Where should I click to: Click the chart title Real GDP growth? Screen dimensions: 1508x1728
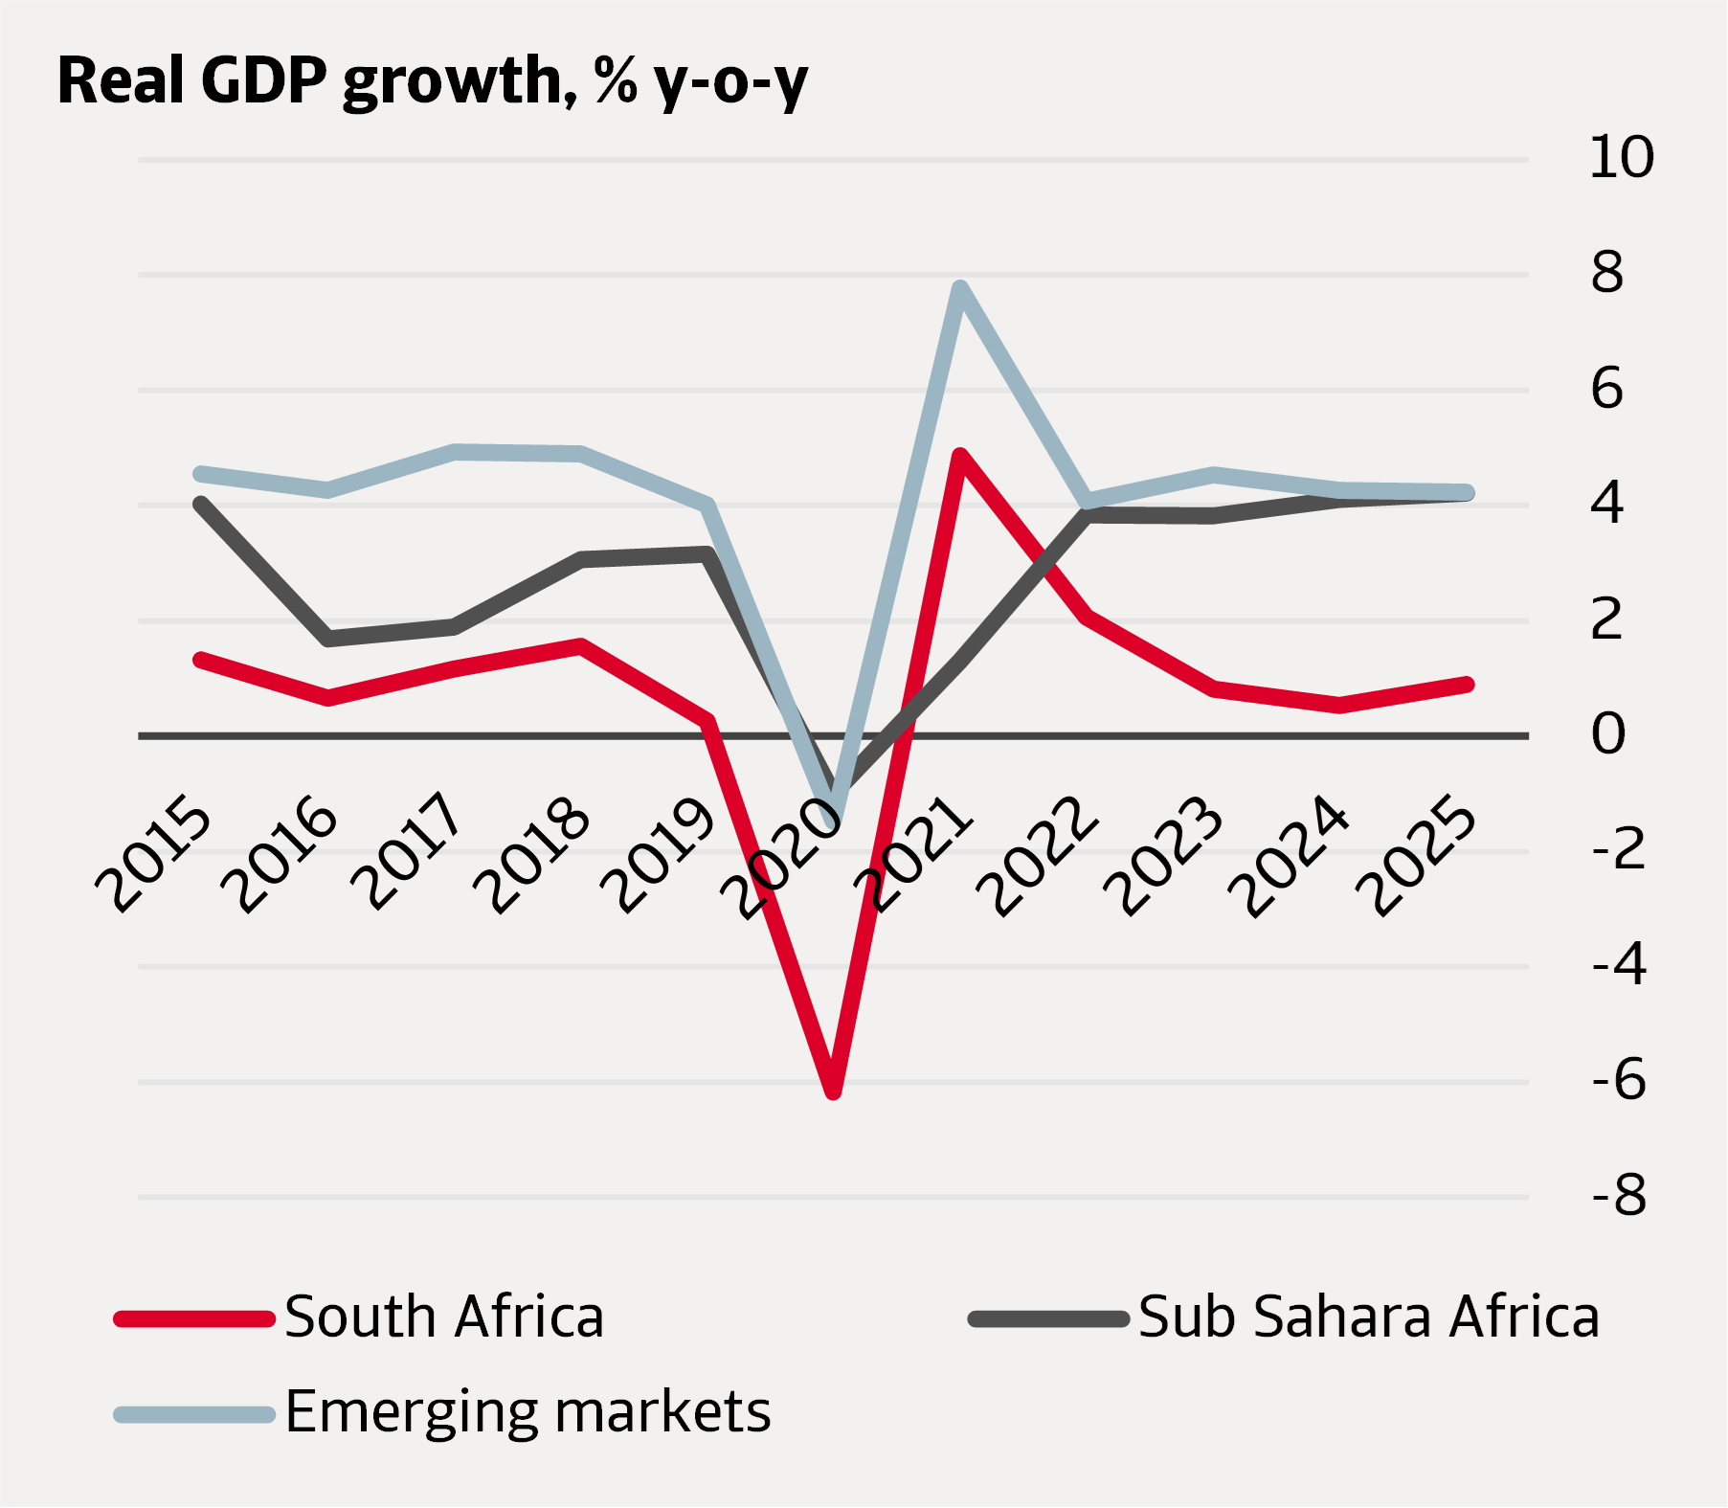pos(433,80)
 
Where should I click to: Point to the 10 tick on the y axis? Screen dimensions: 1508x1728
pos(1621,157)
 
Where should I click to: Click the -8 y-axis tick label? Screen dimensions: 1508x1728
pos(1619,1195)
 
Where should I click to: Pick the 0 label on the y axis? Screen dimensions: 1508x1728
pos(1608,734)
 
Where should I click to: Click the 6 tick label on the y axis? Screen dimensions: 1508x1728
pos(1607,389)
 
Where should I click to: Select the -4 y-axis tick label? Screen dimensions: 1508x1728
pos(1619,964)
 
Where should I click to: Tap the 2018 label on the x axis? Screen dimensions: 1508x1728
pos(533,854)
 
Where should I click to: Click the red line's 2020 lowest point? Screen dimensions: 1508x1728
pos(833,1091)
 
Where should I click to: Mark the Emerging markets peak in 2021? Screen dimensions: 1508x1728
pos(960,287)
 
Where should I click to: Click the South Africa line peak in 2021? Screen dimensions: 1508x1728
pos(960,456)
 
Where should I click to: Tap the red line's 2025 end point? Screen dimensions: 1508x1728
pos(1467,684)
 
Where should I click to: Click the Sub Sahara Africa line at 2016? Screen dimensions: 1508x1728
pos(328,639)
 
